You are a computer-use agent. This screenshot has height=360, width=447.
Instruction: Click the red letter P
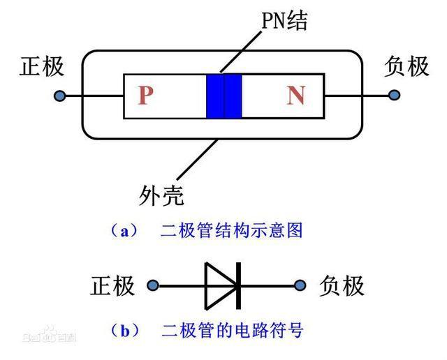(x=145, y=96)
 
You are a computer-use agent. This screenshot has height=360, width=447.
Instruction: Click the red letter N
(x=295, y=96)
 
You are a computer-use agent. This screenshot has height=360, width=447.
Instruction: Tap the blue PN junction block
(x=223, y=96)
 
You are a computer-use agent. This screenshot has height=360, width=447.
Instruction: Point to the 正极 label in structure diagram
(x=43, y=67)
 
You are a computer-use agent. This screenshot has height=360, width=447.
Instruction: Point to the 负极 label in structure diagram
(x=406, y=67)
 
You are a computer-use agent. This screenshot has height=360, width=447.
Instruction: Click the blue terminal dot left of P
(x=61, y=96)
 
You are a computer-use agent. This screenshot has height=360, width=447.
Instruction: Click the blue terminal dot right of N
(x=395, y=96)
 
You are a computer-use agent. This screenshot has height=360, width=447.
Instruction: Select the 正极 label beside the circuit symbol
(x=112, y=286)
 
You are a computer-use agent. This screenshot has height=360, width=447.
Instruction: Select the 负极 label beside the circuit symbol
(x=342, y=286)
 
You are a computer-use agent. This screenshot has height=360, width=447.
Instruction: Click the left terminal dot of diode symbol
(x=153, y=285)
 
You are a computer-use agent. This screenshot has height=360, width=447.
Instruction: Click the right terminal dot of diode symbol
(x=301, y=285)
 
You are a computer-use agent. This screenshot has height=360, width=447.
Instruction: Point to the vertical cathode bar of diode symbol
(x=238, y=285)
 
